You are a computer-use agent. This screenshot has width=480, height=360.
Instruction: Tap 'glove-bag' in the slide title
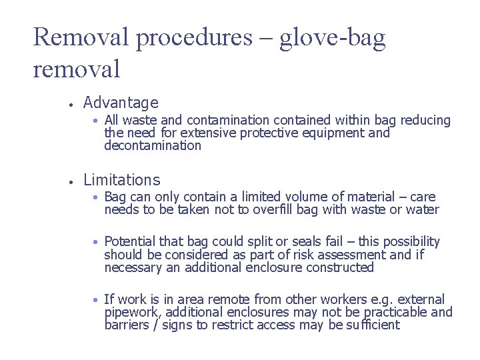[x=332, y=37]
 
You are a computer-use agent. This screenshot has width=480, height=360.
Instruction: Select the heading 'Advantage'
[x=121, y=103]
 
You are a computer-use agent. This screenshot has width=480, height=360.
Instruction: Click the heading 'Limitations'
[x=121, y=179]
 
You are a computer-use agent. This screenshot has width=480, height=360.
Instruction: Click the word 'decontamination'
[x=153, y=145]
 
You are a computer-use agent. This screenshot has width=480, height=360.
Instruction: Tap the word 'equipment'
[x=337, y=133]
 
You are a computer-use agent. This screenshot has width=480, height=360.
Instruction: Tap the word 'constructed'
[x=340, y=267]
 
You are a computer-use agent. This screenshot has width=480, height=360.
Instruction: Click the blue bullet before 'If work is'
[x=97, y=300]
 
